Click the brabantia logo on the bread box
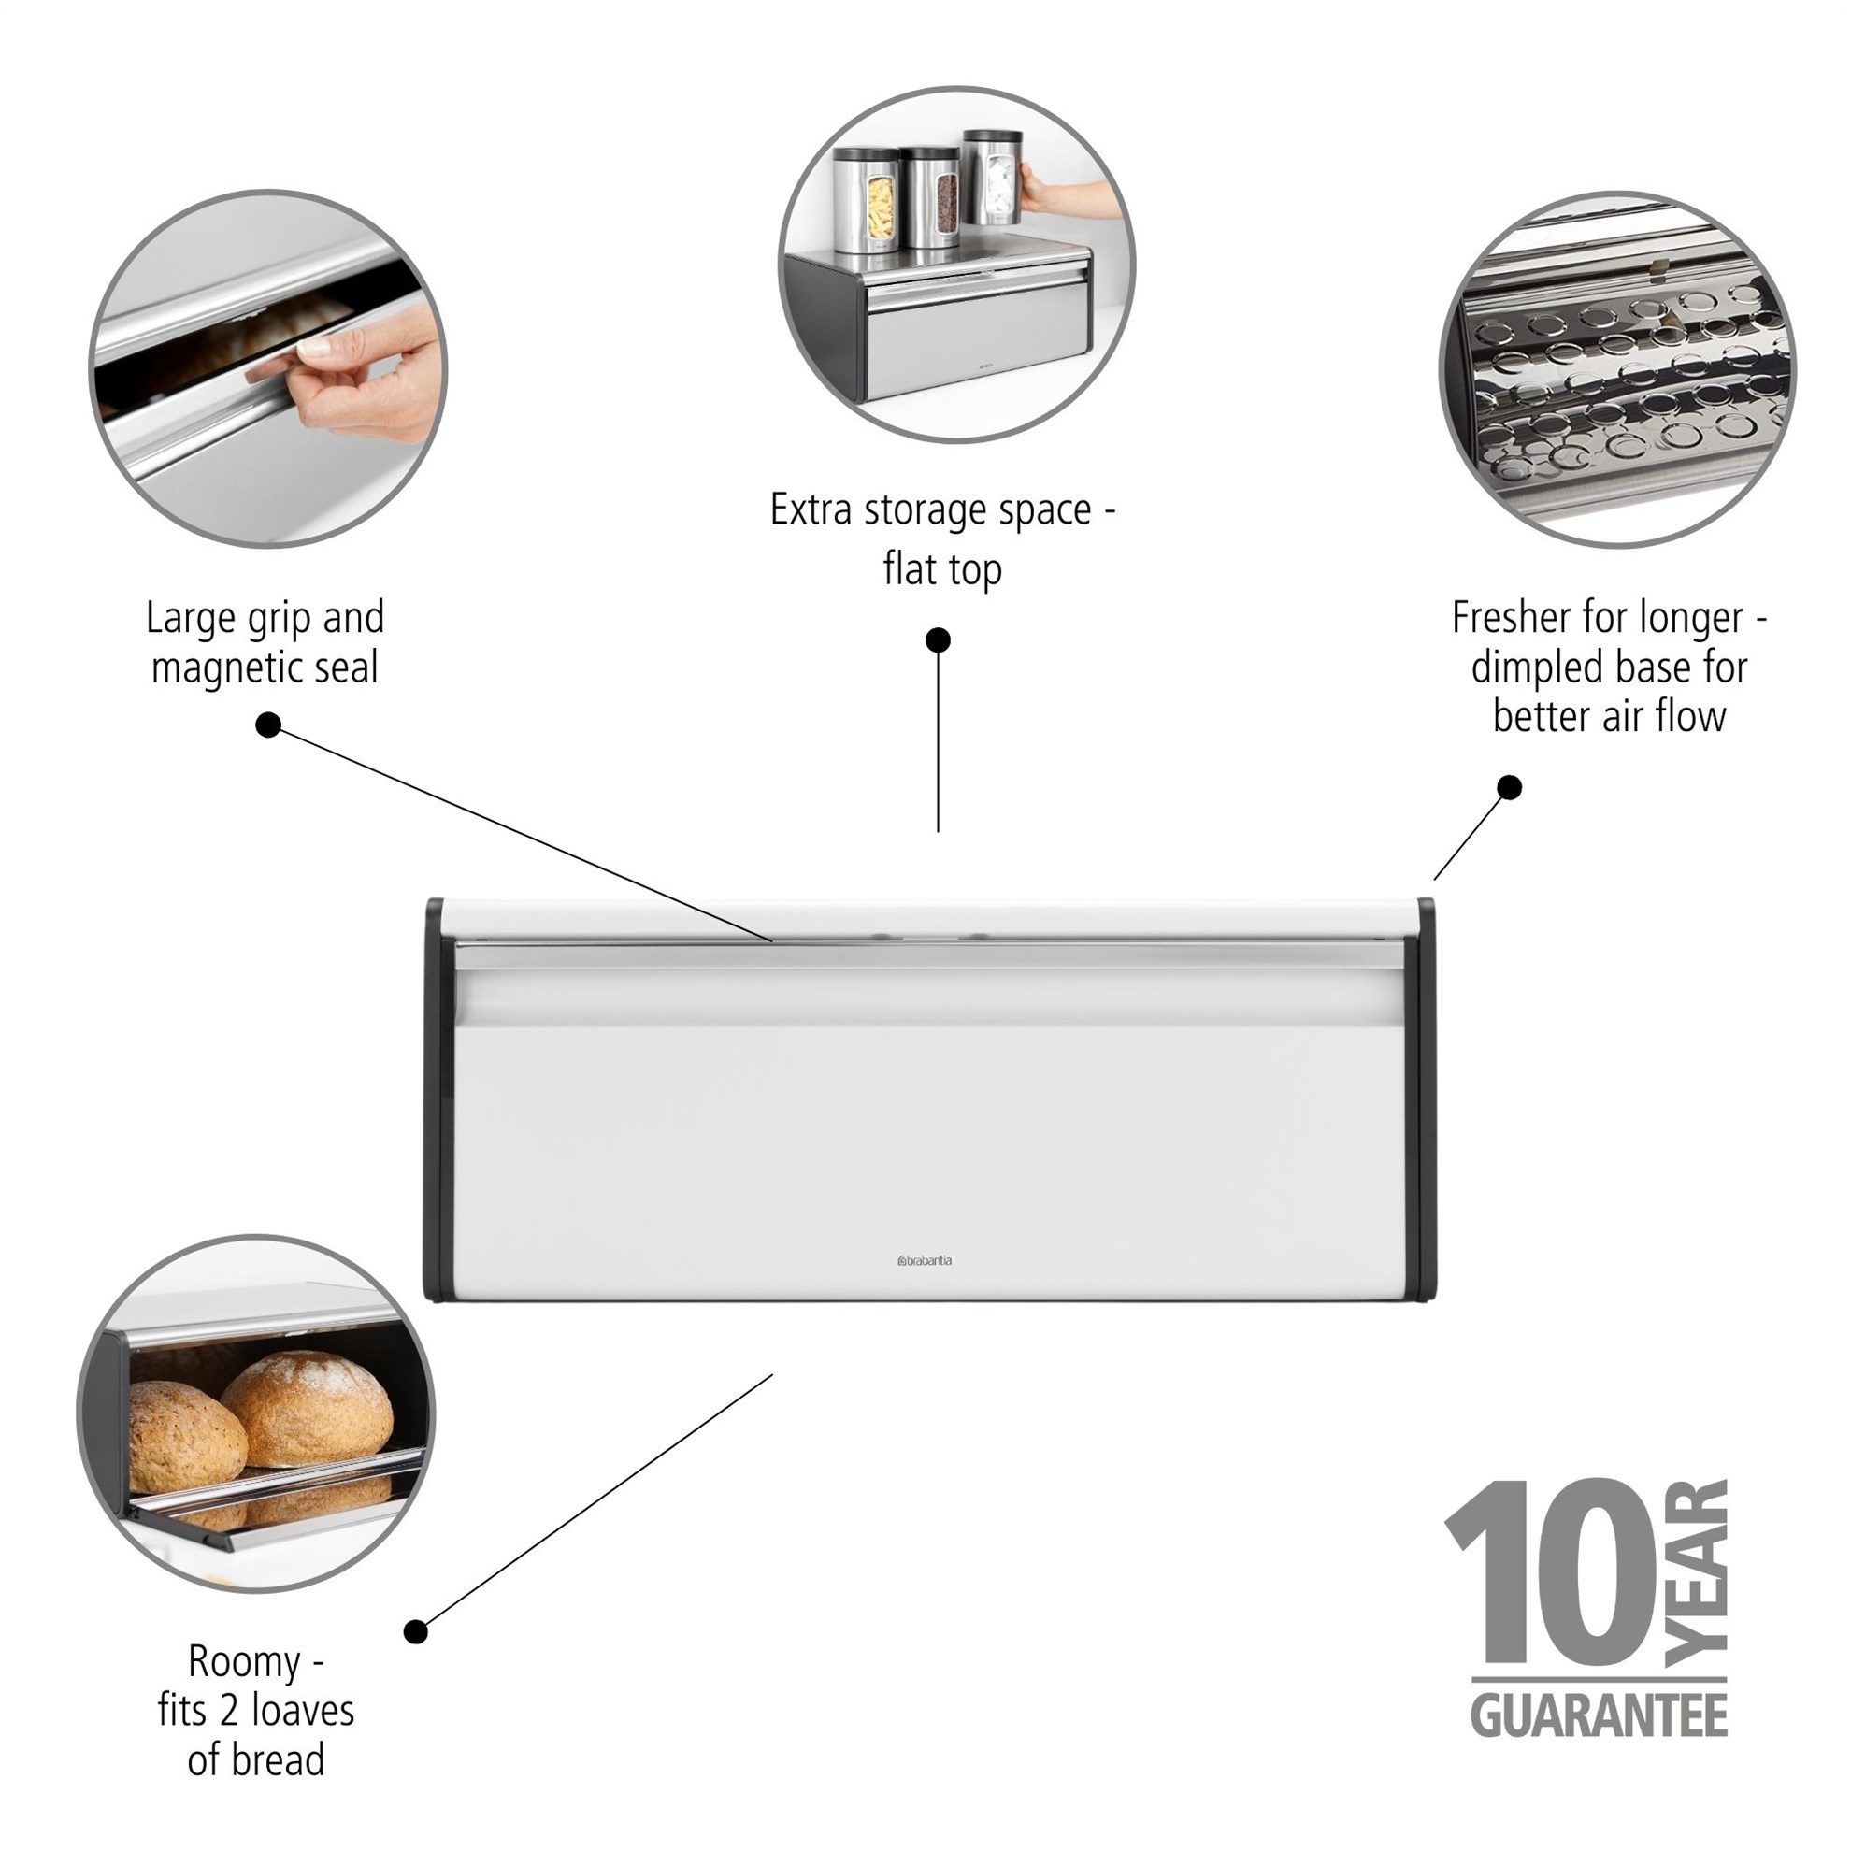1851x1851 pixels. [x=925, y=1261]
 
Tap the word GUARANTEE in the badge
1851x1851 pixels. [x=1599, y=1715]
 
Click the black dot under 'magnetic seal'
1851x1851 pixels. [x=268, y=725]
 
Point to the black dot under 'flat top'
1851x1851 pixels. [x=938, y=639]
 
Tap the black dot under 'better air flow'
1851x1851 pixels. [x=1509, y=787]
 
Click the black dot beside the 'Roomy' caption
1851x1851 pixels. [x=415, y=1631]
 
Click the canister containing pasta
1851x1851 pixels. [x=865, y=200]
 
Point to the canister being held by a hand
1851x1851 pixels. [x=993, y=179]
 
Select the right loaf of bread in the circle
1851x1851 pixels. [x=308, y=1410]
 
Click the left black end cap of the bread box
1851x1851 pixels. [x=434, y=1100]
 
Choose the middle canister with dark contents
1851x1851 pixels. [x=929, y=197]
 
